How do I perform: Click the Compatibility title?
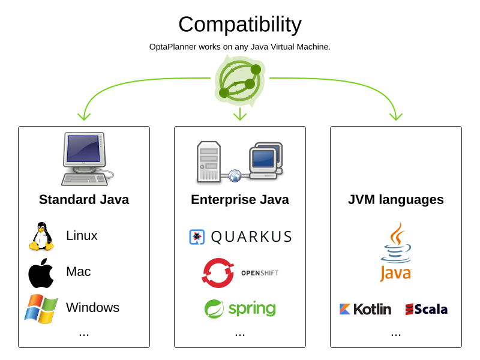[x=240, y=25]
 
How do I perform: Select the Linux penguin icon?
[x=41, y=236]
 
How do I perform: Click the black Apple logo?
[x=41, y=273]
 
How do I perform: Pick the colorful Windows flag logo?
[x=41, y=308]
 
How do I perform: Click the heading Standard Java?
[x=84, y=200]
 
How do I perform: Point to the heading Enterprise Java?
[x=240, y=200]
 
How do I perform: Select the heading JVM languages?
[x=396, y=200]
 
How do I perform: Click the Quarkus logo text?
[x=251, y=237]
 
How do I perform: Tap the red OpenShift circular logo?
[x=218, y=273]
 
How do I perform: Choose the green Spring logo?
[x=240, y=309]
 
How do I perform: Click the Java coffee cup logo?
[x=396, y=252]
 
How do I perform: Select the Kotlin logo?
[x=365, y=309]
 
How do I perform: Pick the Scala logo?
[x=427, y=309]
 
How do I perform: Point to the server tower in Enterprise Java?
[x=209, y=162]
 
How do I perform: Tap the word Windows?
[x=92, y=308]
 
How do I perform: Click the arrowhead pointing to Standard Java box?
[x=84, y=116]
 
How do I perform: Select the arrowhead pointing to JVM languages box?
[x=396, y=116]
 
